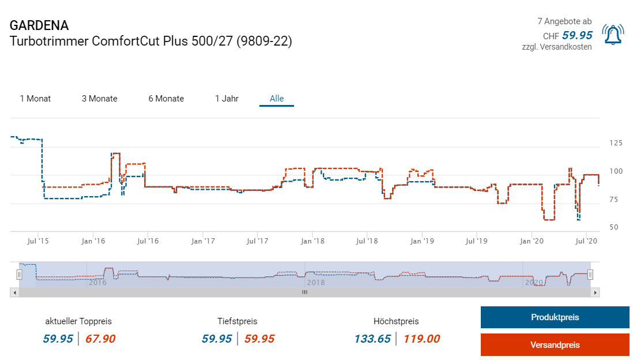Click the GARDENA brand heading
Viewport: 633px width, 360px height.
point(39,25)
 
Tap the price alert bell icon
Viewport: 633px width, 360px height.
point(613,35)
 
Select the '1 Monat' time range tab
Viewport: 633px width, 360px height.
point(35,99)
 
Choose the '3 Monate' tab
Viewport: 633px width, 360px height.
point(99,99)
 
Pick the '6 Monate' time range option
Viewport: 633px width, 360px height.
point(166,99)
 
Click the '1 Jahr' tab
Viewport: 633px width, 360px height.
point(227,99)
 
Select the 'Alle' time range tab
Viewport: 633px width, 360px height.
point(277,99)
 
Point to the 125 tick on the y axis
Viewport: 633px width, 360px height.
point(615,143)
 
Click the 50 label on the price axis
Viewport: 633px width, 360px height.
point(613,227)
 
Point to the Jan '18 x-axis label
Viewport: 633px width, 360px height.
point(312,241)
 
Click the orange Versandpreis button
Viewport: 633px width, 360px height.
point(555,345)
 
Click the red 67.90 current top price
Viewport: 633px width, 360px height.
point(100,339)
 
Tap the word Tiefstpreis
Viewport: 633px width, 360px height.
point(237,321)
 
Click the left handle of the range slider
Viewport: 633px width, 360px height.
point(19,275)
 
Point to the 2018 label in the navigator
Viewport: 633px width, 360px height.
point(315,283)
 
